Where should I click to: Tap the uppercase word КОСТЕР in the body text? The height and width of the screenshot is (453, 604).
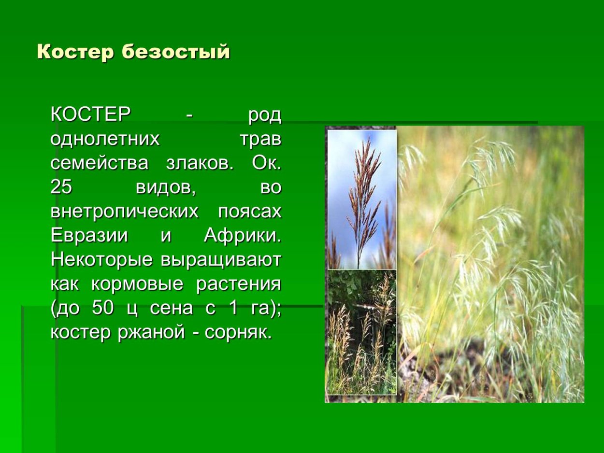point(91,115)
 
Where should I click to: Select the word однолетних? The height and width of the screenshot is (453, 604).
point(105,140)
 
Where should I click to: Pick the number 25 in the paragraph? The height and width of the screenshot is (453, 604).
point(61,188)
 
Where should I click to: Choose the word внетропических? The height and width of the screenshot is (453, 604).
point(124,212)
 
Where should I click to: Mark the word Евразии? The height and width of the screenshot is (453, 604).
point(89,236)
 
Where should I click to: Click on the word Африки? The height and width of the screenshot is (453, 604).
point(242,236)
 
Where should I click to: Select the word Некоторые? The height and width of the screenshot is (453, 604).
point(102,260)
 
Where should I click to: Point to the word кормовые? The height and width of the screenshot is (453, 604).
point(137,284)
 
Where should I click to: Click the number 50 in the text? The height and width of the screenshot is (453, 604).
point(102,309)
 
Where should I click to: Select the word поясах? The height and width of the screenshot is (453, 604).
point(249,212)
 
